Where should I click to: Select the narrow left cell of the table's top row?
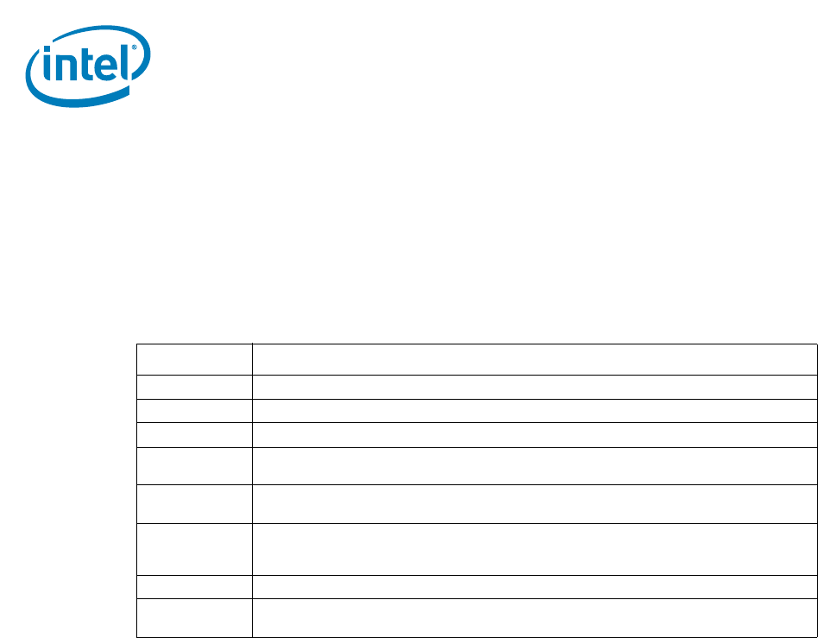[x=194, y=359]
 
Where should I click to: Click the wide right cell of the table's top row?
[x=533, y=359]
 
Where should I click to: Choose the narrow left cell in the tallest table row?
[x=194, y=549]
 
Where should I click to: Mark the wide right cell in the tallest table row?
[x=533, y=549]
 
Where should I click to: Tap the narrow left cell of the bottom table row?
[x=194, y=618]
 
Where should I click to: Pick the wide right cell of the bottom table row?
[x=533, y=618]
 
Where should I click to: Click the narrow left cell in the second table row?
[x=194, y=387]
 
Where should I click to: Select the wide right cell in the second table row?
[x=533, y=387]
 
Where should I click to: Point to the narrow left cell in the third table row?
[x=194, y=410]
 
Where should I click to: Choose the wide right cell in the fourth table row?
[x=533, y=434]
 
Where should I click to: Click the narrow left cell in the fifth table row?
[x=194, y=465]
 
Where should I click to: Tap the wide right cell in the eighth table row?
[x=533, y=587]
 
